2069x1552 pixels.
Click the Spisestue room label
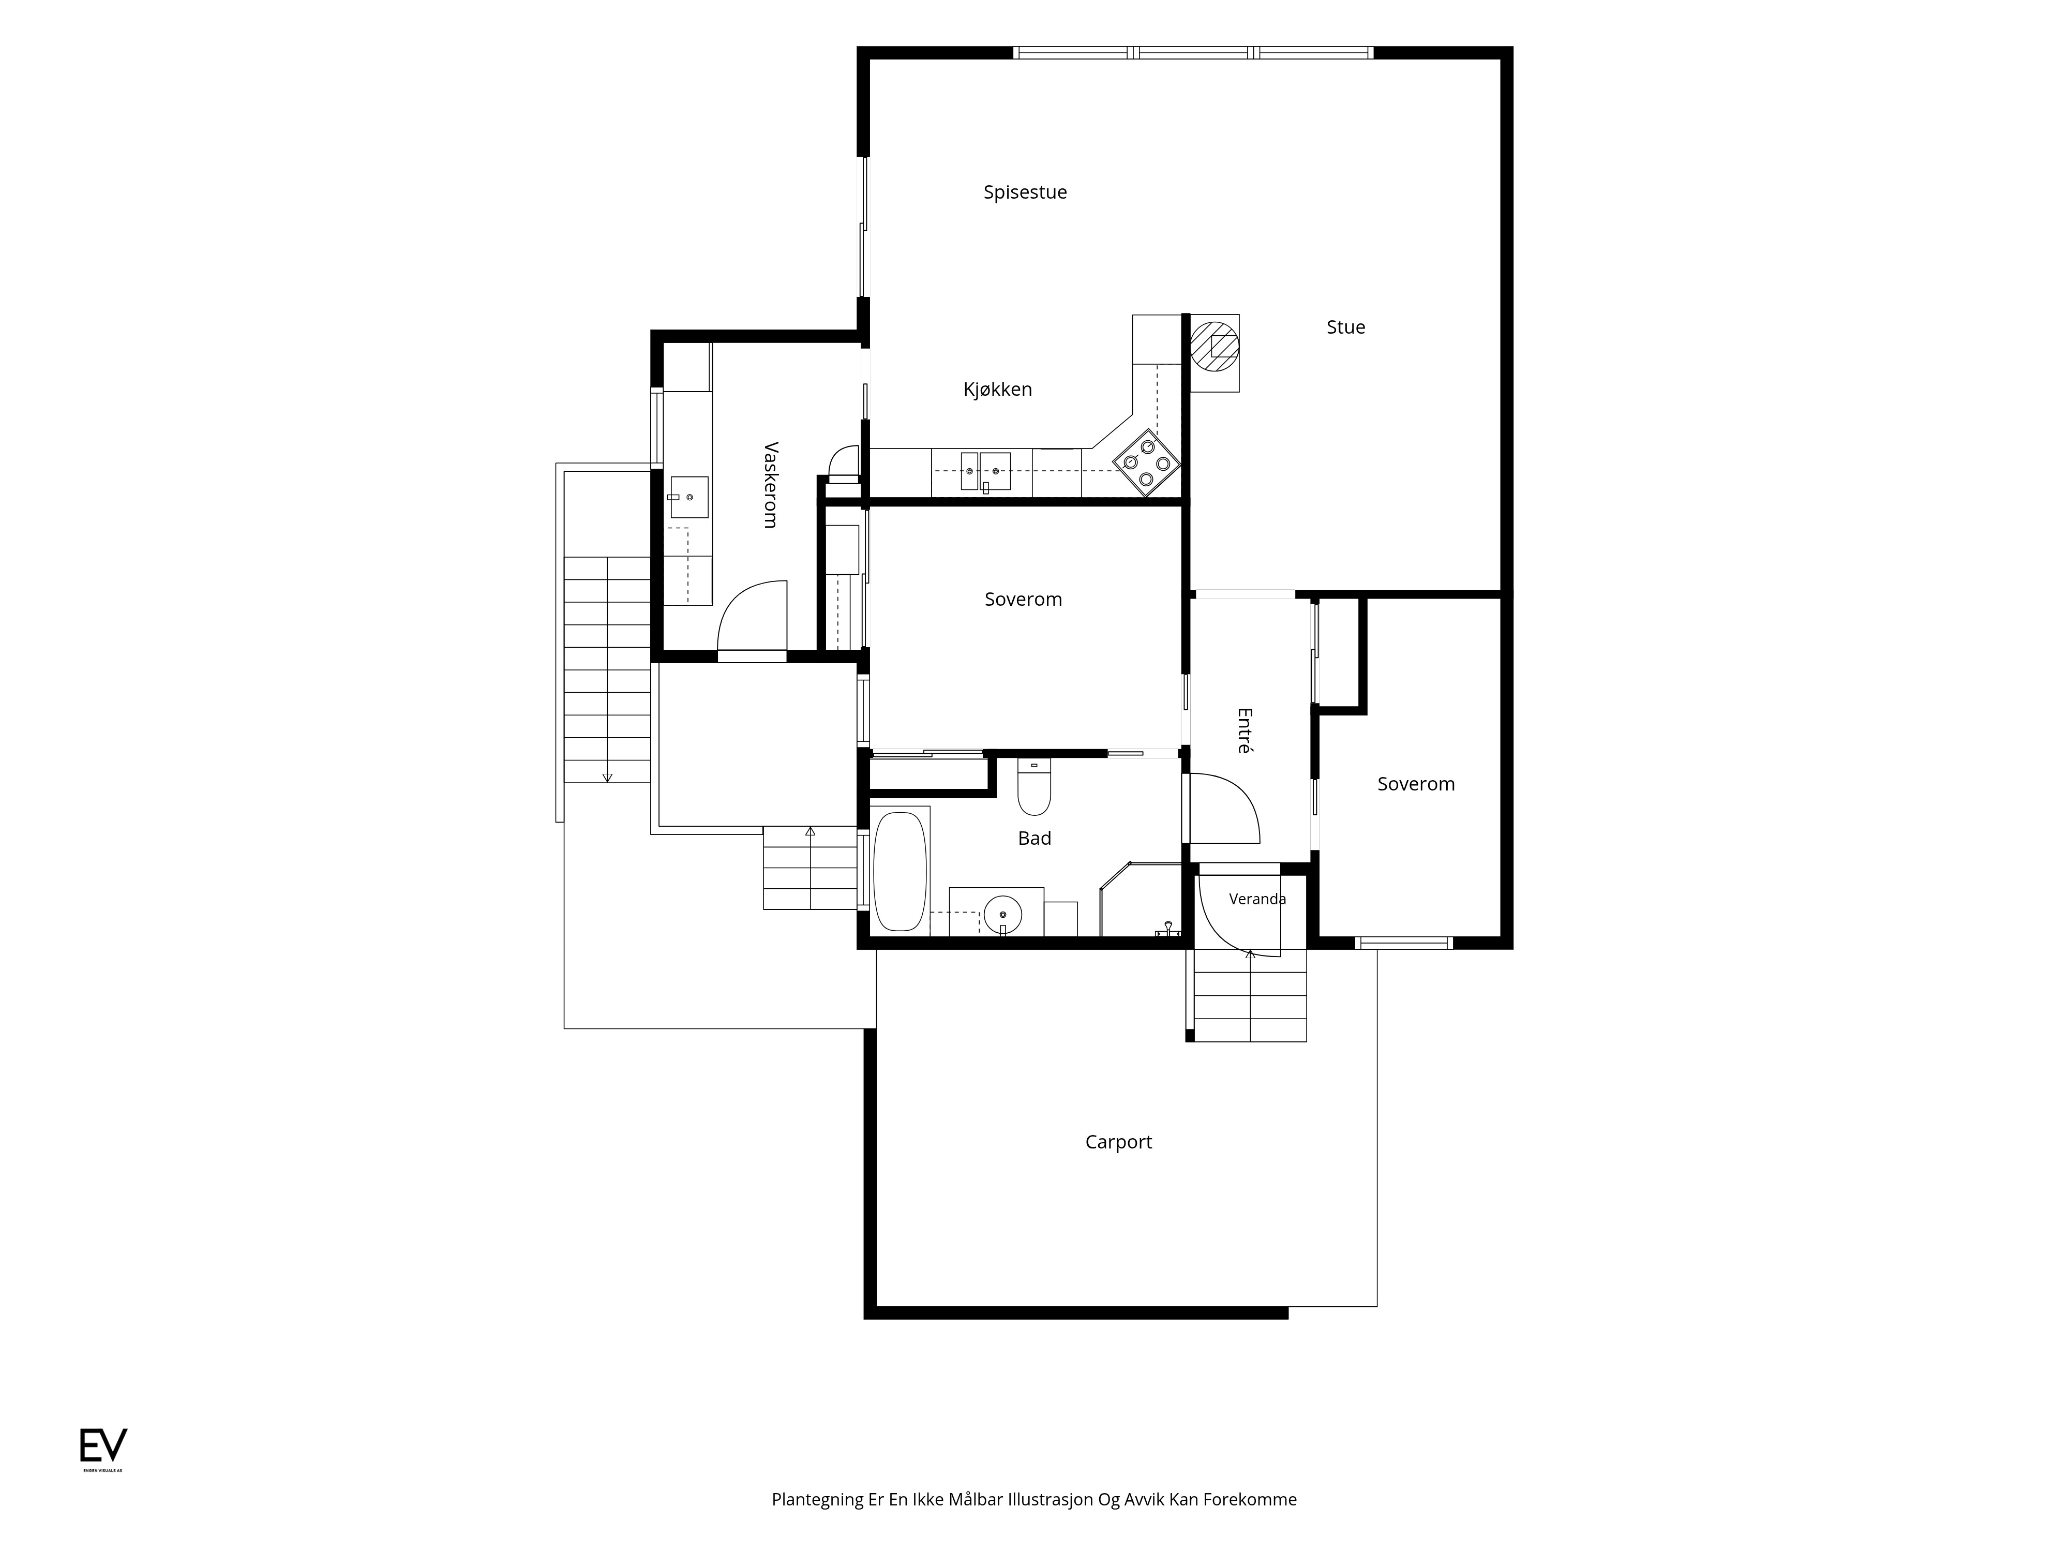(x=1025, y=192)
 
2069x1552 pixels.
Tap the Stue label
(x=1346, y=327)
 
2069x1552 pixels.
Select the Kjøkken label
(x=998, y=389)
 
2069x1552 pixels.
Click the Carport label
(x=1119, y=1142)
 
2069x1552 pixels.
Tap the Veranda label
(x=1257, y=899)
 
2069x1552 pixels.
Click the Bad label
(x=1034, y=838)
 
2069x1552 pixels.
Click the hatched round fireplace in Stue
(x=1214, y=346)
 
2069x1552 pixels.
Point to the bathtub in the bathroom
(x=900, y=871)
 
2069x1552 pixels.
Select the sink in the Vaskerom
(x=689, y=497)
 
